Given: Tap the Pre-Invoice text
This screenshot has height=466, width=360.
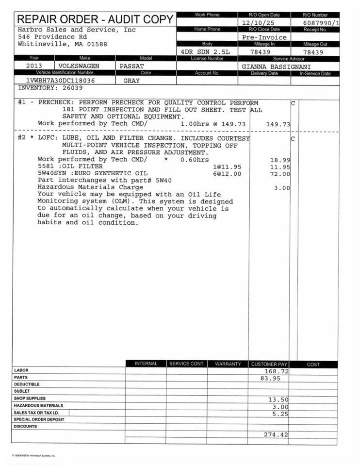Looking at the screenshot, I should tap(264, 37).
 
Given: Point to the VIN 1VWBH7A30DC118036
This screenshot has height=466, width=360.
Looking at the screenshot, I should tap(61, 81).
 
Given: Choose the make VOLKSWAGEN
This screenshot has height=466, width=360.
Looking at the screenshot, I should tap(79, 66).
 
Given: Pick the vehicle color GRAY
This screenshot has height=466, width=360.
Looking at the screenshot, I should tap(131, 81).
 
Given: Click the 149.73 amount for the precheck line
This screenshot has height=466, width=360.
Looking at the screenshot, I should tap(278, 124).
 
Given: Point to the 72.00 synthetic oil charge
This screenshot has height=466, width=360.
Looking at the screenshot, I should tap(280, 174).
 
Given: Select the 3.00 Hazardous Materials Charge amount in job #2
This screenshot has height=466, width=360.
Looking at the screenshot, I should tap(282, 188).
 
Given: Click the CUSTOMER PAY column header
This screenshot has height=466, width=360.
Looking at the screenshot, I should tap(269, 364).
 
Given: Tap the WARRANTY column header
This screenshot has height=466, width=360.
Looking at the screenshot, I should tap(228, 364).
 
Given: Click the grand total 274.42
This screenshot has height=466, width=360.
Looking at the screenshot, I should tap(276, 434).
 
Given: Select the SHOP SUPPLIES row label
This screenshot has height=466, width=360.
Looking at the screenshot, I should tap(30, 398).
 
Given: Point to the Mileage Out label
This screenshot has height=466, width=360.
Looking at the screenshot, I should tap(315, 44).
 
